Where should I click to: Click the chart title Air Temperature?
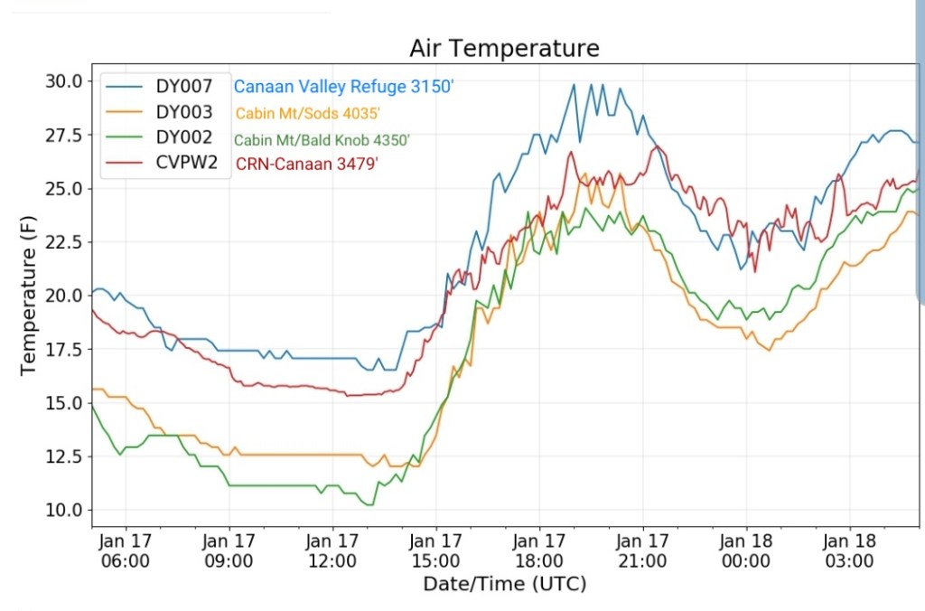point(504,48)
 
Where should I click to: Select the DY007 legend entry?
point(183,87)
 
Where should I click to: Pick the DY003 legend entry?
point(183,113)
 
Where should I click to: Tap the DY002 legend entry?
point(183,138)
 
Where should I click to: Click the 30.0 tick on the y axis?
point(64,81)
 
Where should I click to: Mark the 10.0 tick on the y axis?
point(64,510)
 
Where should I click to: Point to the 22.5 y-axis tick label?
point(64,242)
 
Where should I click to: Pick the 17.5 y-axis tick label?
point(64,350)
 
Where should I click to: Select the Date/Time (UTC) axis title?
point(504,584)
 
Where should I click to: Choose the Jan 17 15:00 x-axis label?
point(436,551)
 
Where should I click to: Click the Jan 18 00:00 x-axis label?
point(747,551)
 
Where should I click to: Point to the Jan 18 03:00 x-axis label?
point(850,551)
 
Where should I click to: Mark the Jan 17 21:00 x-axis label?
point(643,551)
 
